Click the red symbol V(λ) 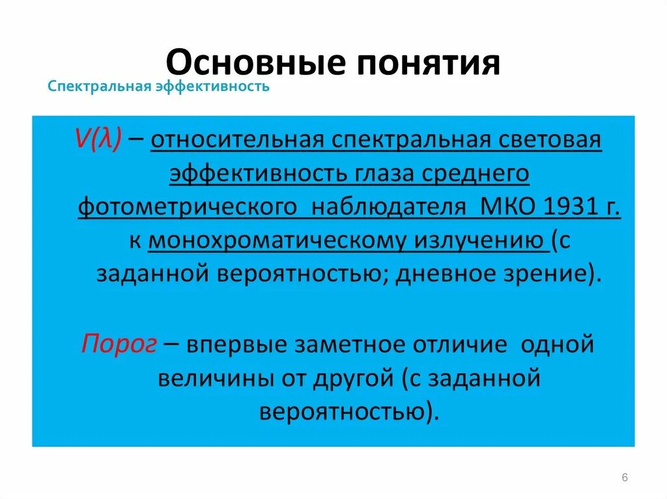click(x=96, y=141)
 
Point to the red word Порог click(x=119, y=344)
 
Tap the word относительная click(x=240, y=141)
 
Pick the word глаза click(x=389, y=174)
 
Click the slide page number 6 click(x=625, y=478)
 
